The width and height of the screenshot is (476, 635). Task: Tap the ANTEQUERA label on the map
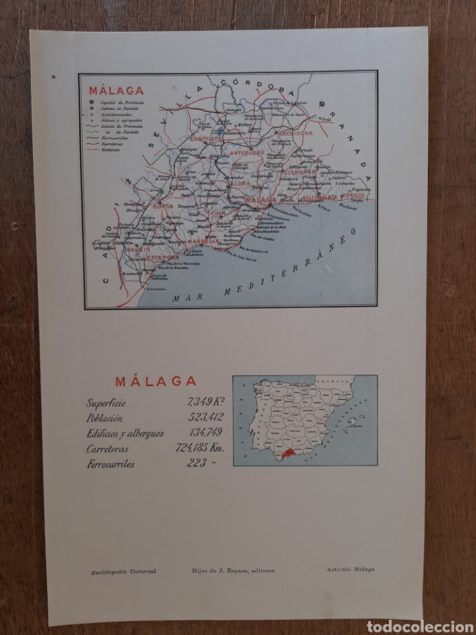(247, 153)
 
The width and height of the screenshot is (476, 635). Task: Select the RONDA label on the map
(163, 206)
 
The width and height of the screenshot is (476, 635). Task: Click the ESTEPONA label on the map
(163, 257)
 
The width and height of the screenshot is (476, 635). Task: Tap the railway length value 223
(197, 463)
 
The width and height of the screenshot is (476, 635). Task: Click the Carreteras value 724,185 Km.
(201, 448)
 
